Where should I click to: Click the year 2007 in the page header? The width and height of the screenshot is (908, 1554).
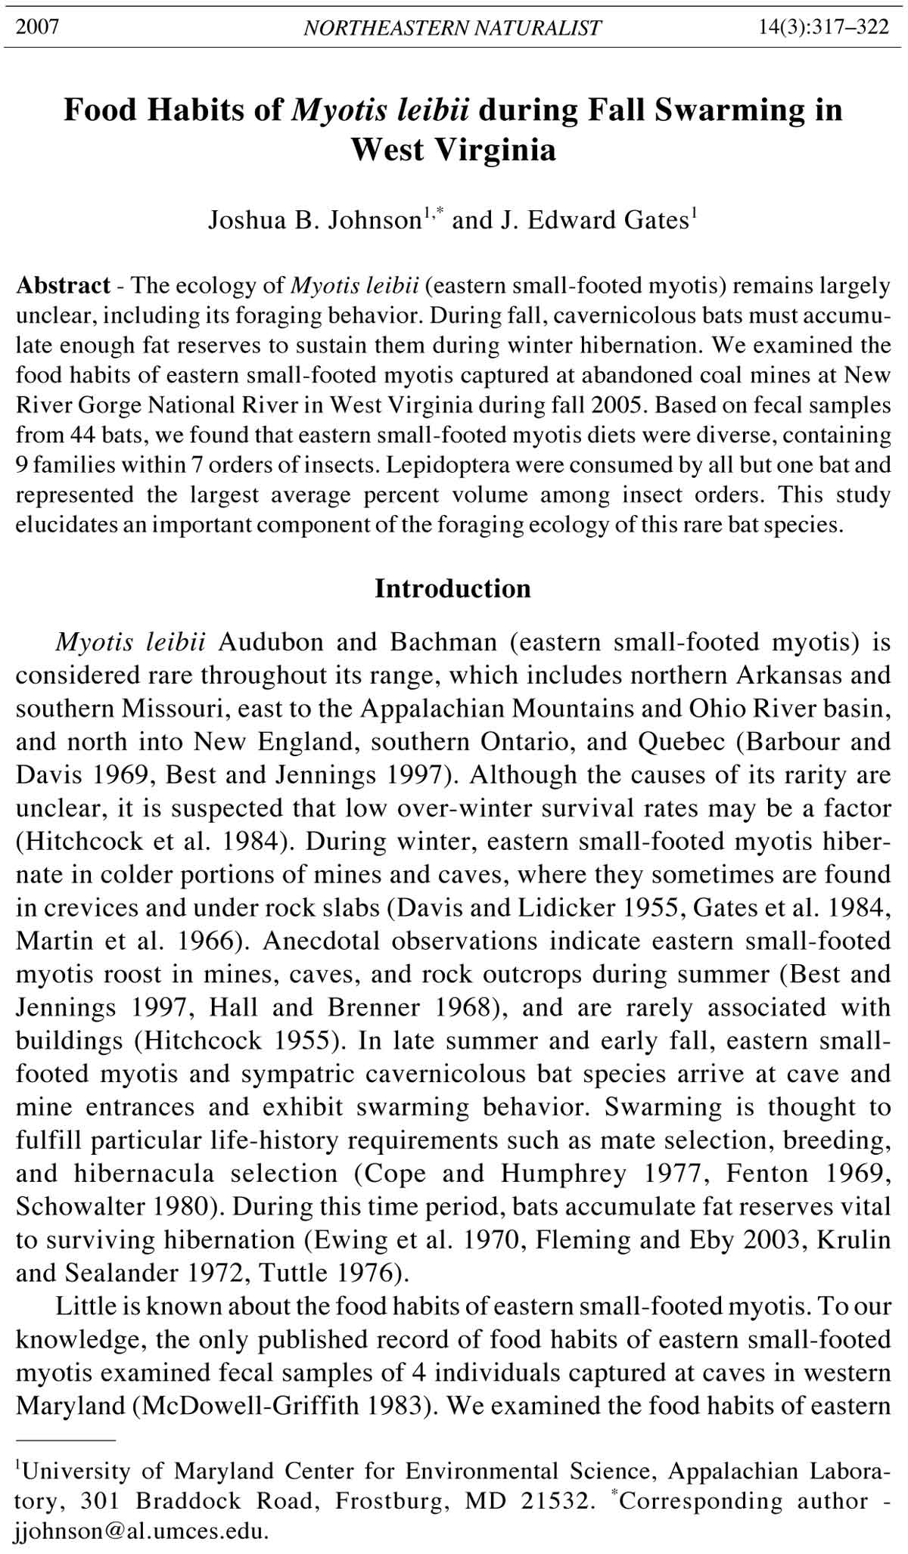point(38,28)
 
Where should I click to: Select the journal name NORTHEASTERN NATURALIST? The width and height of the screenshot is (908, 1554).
point(452,29)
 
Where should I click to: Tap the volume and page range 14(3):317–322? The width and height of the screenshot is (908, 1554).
point(823,28)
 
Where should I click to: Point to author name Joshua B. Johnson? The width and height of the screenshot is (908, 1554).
point(314,220)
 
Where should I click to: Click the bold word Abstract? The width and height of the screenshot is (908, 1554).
point(64,286)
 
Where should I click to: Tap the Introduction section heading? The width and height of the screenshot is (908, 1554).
point(452,588)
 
